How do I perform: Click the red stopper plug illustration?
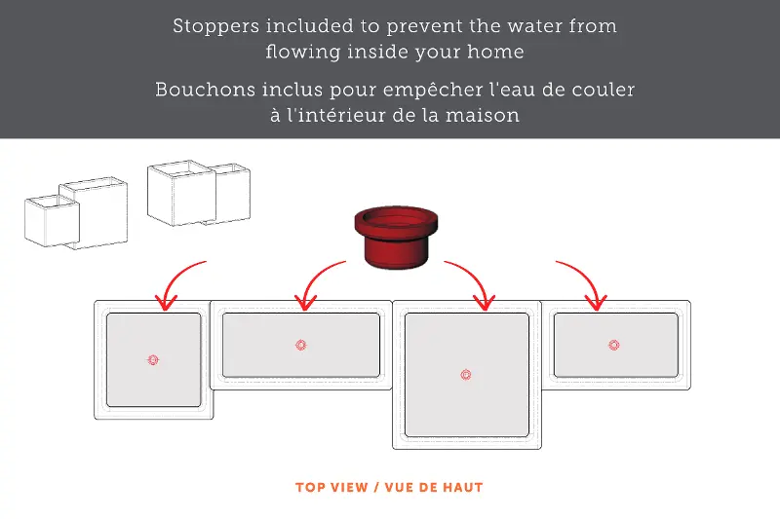click(396, 238)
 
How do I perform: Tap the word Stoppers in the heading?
click(215, 26)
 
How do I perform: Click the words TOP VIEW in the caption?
click(331, 487)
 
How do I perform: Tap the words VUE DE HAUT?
click(434, 487)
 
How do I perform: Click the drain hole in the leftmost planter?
click(153, 360)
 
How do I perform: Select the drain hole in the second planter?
click(301, 345)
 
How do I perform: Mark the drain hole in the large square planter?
click(466, 375)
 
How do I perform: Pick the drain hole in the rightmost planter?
click(614, 345)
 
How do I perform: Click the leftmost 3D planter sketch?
click(76, 213)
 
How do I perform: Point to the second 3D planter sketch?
click(199, 193)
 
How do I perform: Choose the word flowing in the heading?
click(303, 53)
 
